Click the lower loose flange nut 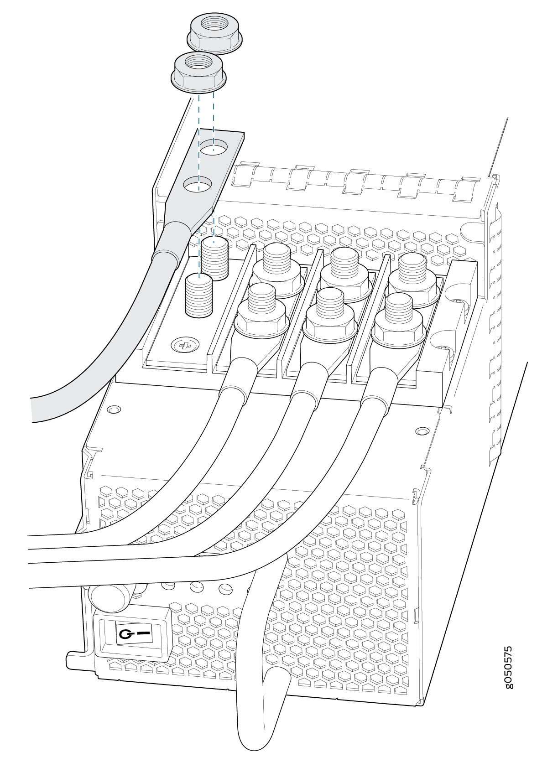[198, 73]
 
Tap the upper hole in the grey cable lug [214, 147]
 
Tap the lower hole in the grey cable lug [198, 185]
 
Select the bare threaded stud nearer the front [199, 296]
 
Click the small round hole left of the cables [114, 410]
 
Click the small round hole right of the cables [421, 431]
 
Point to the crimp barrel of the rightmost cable [379, 391]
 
